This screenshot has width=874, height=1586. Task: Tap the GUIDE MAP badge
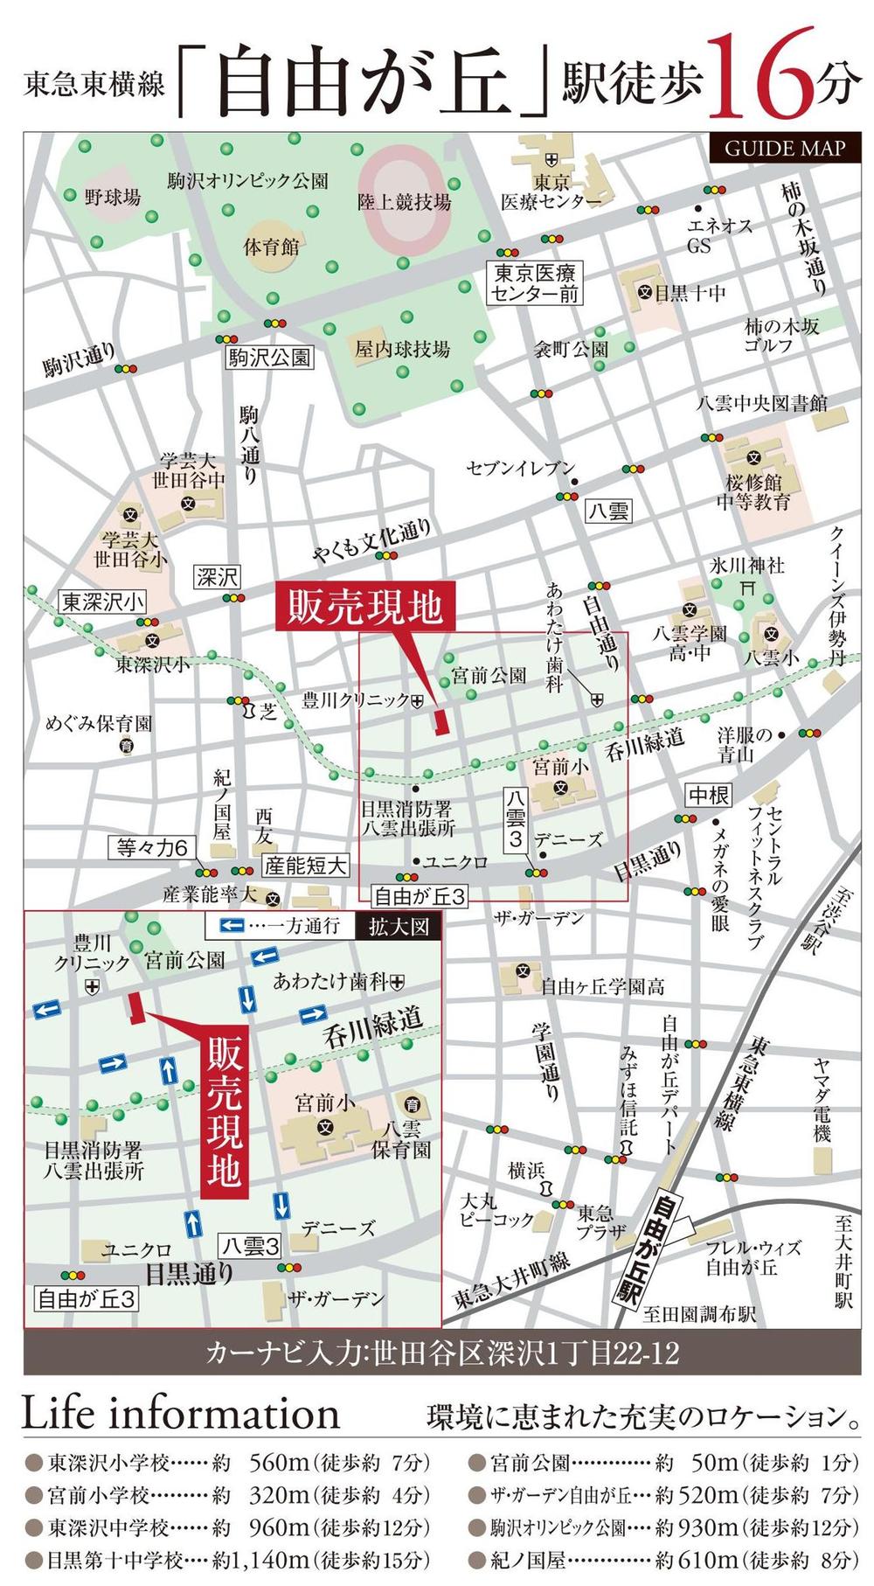785,147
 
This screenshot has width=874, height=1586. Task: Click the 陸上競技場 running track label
404,203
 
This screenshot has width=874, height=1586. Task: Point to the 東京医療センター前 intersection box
535,283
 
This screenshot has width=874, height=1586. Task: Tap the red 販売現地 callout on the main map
365,607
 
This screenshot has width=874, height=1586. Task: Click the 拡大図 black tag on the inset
399,926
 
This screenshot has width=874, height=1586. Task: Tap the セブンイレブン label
520,468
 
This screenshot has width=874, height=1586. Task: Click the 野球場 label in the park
112,198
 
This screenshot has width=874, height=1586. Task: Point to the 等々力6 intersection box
151,847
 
